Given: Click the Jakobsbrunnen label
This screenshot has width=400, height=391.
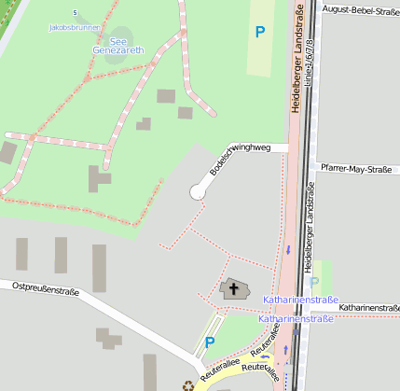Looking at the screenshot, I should pyautogui.click(x=75, y=28).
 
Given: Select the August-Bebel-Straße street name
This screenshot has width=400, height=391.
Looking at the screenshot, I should pyautogui.click(x=358, y=9).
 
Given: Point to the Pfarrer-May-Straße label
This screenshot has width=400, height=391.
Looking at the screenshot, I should pyautogui.click(x=355, y=169).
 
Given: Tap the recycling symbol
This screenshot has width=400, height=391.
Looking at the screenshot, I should pyautogui.click(x=188, y=383).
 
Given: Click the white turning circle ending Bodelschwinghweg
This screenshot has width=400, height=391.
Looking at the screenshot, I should pyautogui.click(x=198, y=191).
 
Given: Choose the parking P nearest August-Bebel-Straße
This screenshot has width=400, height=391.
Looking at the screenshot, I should pyautogui.click(x=260, y=32).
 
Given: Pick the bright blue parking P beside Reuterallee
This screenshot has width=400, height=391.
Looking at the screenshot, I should pyautogui.click(x=210, y=342).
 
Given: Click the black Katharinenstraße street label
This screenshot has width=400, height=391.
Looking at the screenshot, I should pyautogui.click(x=369, y=307).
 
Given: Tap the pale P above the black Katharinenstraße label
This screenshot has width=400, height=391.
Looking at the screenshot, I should pyautogui.click(x=314, y=282).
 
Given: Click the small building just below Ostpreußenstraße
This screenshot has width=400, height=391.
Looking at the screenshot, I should pyautogui.click(x=108, y=337).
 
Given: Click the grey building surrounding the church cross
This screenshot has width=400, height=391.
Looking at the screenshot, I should pyautogui.click(x=234, y=290).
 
